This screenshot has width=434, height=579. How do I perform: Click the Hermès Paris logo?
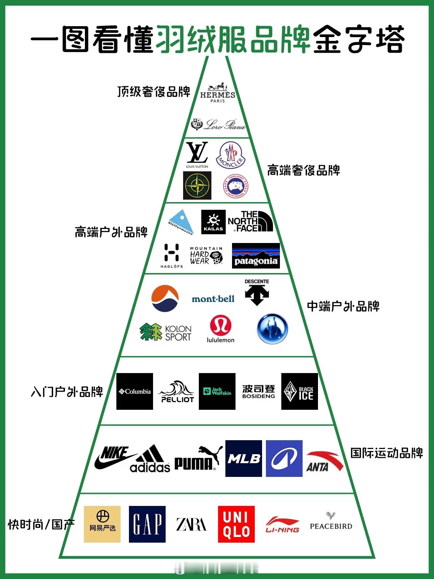pos(217,93)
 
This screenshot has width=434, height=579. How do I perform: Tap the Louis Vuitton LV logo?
pos(197,154)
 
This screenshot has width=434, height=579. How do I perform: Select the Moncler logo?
pos(230,155)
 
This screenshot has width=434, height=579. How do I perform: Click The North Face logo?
pos(250,221)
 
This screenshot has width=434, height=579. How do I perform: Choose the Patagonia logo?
pos(256,256)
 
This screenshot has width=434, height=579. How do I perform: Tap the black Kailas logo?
pos(213,222)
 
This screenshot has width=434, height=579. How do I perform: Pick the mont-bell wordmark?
pos(213,299)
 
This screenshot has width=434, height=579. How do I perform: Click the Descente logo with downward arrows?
pos(257,292)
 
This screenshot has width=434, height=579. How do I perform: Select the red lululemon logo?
pos(220,329)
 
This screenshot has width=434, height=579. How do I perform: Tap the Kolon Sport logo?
pos(165,333)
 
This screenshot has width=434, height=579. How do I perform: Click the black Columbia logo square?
pos(135,391)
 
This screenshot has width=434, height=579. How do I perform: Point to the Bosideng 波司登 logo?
pos(259,392)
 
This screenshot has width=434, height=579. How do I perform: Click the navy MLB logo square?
pos(244,458)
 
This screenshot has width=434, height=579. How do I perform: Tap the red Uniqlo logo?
pos(236,524)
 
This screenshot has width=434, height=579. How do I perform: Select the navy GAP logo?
pos(147,524)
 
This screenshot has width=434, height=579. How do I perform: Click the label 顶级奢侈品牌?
pos(154,92)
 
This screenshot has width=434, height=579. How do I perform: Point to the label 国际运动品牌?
pos(386,453)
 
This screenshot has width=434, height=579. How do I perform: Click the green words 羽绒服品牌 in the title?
pos(233,39)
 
